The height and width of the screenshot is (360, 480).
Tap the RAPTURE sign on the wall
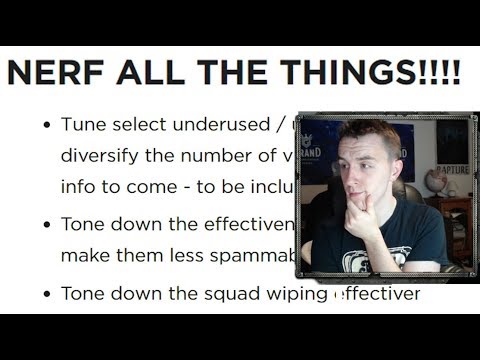pyautogui.click(x=453, y=170)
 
